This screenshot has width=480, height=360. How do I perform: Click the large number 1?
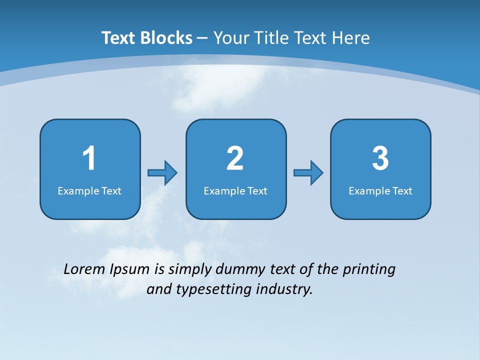pos(89,158)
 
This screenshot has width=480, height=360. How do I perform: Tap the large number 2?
pos(235,158)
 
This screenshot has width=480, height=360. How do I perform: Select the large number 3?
pos(380,158)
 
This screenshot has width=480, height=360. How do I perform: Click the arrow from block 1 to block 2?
pos(162,173)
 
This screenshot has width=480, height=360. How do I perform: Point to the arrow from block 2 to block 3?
pos(308,173)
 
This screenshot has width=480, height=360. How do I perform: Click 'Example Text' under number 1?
pos(89,191)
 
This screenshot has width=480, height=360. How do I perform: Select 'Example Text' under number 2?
pos(235,191)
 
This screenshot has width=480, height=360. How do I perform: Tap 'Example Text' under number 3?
pos(380,191)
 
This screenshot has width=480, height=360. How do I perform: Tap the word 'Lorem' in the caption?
pos(84,269)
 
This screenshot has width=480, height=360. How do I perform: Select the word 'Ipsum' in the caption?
pos(129,270)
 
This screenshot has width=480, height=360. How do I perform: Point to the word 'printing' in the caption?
pos(368,270)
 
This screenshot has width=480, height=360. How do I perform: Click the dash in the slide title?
pos(202,38)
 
